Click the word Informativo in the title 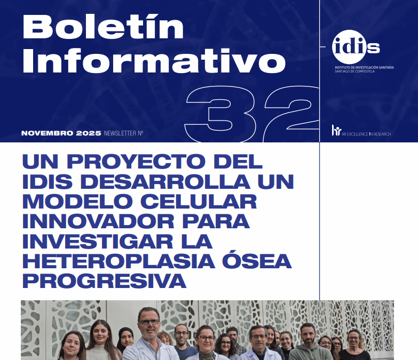coord(154,61)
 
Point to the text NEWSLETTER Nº coord(123,133)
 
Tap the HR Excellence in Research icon coord(336,130)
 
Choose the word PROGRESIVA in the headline coord(104,281)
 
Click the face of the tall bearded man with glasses coord(148,322)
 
